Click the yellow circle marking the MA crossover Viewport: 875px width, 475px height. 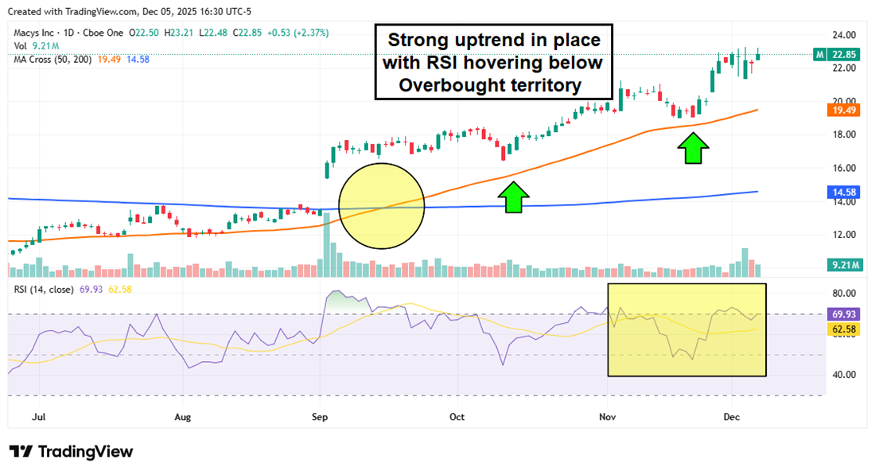click(x=382, y=206)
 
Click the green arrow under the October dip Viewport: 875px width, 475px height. click(x=514, y=197)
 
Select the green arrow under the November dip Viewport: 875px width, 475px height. click(x=694, y=149)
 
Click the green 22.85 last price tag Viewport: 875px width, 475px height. click(x=841, y=54)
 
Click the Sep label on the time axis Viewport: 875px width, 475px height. click(x=320, y=416)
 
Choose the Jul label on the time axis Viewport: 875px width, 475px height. click(x=36, y=416)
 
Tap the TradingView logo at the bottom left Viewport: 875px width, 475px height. click(x=72, y=451)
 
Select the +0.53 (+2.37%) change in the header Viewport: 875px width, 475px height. click(x=294, y=33)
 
